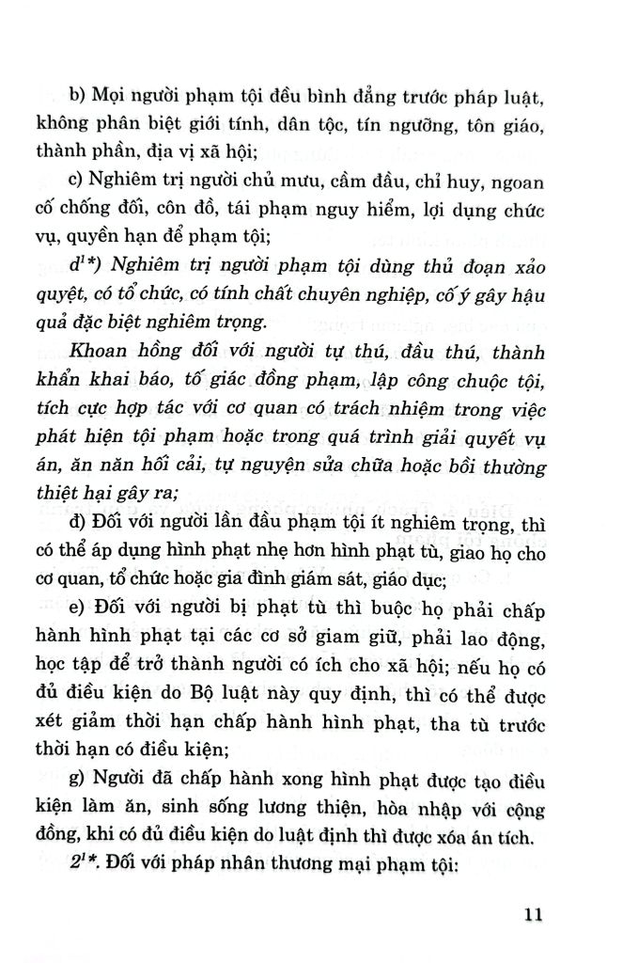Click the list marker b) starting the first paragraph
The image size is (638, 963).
tap(75, 94)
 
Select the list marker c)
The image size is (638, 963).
tap(75, 181)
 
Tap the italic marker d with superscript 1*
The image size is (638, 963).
tap(79, 266)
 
